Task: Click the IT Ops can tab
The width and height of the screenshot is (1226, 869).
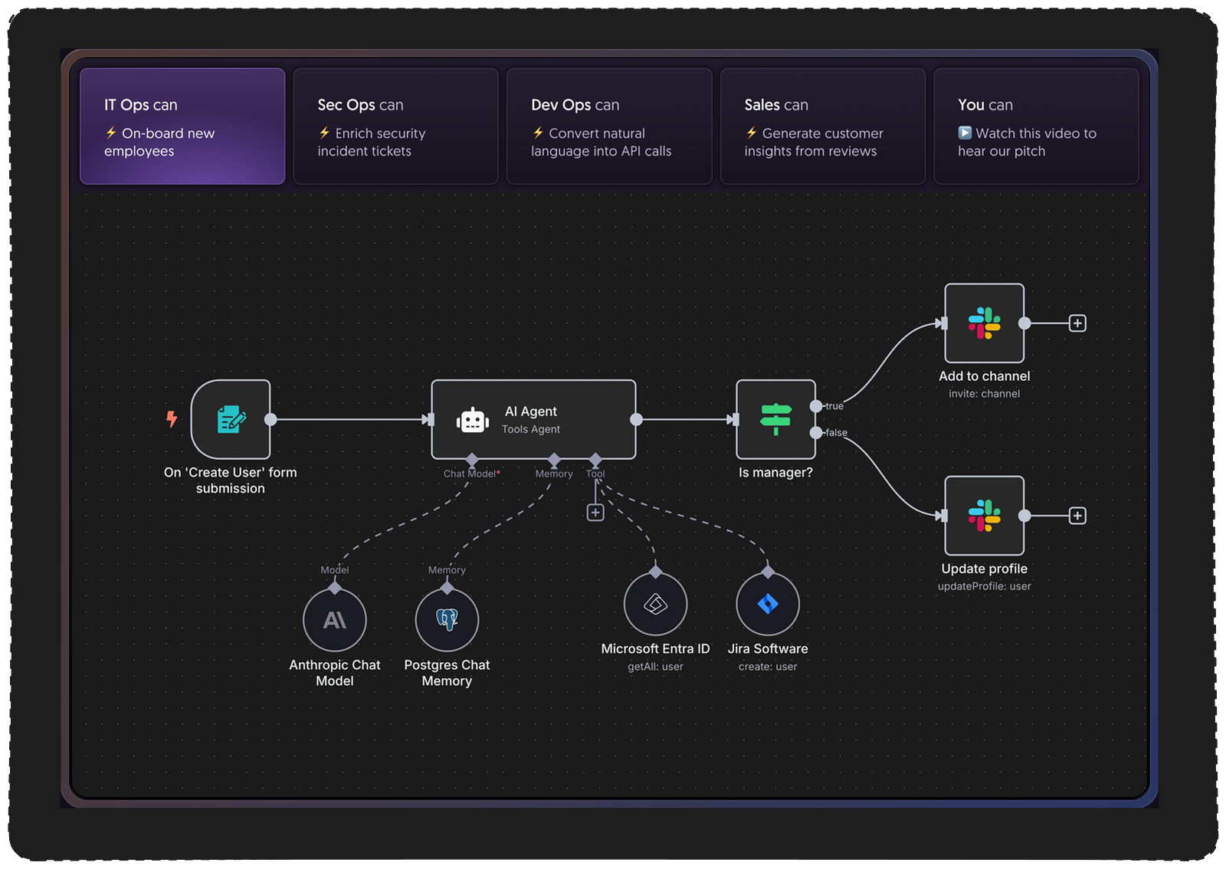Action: click(x=182, y=126)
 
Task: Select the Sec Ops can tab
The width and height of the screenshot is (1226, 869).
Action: click(x=395, y=126)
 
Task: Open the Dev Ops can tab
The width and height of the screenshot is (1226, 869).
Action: click(x=609, y=126)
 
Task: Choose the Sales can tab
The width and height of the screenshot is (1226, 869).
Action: click(x=822, y=126)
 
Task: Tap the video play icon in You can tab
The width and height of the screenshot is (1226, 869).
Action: click(x=965, y=133)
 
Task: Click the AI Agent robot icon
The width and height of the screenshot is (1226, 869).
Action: click(x=473, y=420)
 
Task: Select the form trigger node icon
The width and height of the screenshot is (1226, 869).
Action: click(x=231, y=419)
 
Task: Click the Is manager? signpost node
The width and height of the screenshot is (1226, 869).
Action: click(x=775, y=419)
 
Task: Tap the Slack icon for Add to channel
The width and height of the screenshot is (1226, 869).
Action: click(x=984, y=323)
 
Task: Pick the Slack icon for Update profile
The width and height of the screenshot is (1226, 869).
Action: click(x=984, y=516)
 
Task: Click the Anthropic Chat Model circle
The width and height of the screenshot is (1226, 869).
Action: click(x=335, y=620)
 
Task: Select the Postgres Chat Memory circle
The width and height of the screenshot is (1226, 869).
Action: click(x=447, y=620)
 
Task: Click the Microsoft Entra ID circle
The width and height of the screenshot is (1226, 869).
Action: click(x=655, y=604)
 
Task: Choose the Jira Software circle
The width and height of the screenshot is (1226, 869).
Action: click(x=768, y=604)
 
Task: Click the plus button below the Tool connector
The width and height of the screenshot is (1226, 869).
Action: click(x=595, y=513)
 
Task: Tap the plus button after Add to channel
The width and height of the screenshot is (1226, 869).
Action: click(x=1077, y=323)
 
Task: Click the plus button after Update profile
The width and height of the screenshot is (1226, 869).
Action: click(x=1077, y=516)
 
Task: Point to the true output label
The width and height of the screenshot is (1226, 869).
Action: click(x=834, y=406)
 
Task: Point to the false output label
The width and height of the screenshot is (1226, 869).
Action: click(x=837, y=433)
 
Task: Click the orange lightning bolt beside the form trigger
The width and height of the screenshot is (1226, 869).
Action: click(x=172, y=418)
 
